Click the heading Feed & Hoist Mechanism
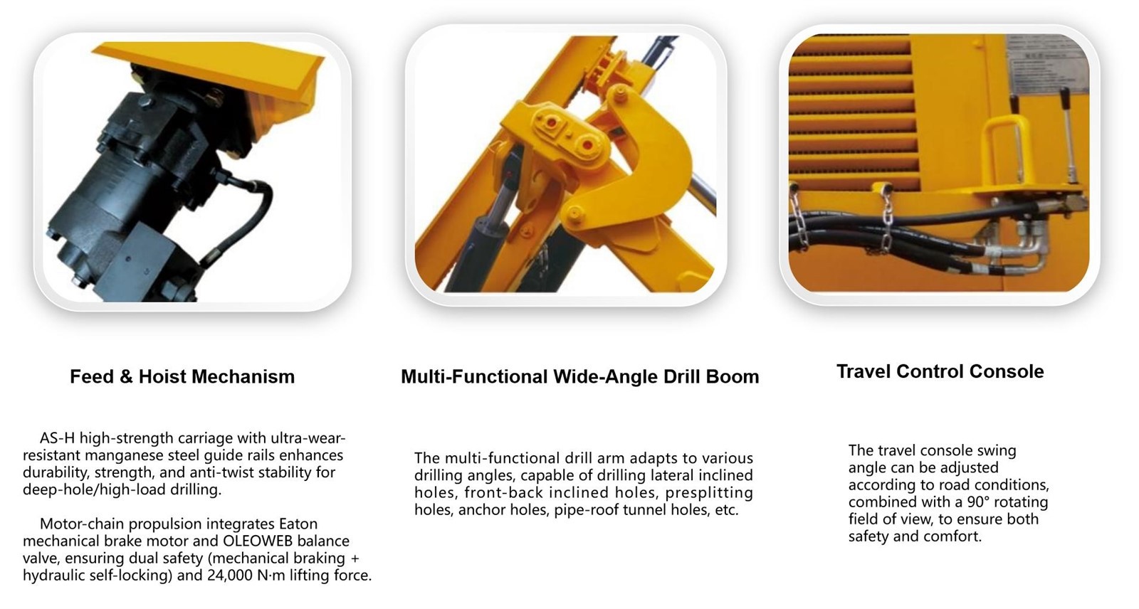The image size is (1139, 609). [x=182, y=376]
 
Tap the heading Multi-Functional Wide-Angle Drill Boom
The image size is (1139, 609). [x=579, y=376]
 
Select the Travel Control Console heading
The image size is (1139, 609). [x=940, y=371]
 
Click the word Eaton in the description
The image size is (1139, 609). [x=298, y=524]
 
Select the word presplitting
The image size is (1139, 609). [x=709, y=492]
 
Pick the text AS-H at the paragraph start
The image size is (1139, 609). [x=58, y=438]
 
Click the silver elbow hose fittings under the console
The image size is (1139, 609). [x=1027, y=244]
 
